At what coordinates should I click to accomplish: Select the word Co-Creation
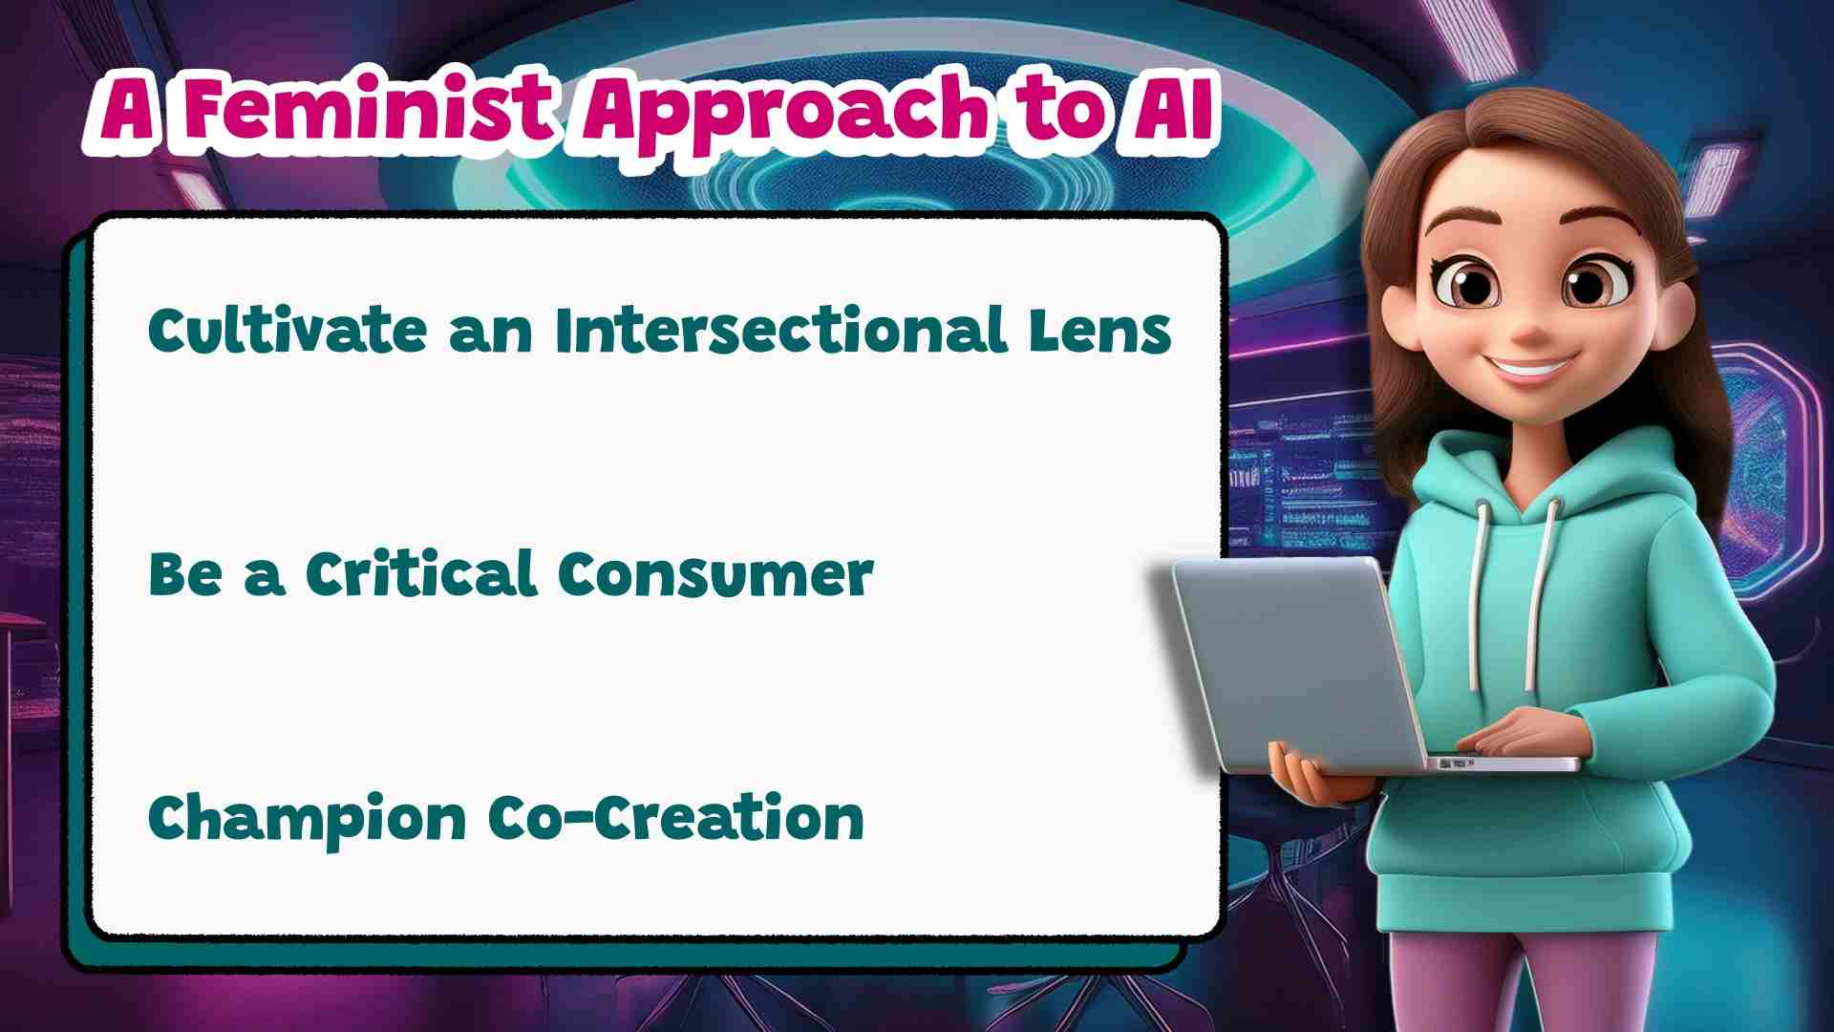click(676, 818)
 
